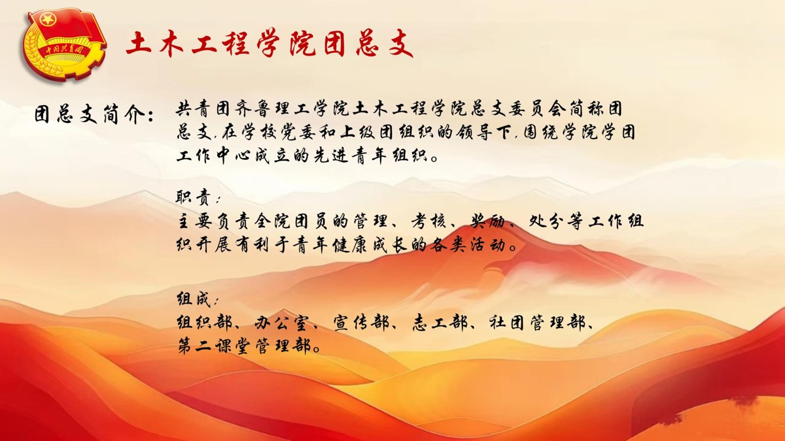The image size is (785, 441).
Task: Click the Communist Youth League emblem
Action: [x=64, y=45]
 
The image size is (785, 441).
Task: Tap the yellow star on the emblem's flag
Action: [x=48, y=19]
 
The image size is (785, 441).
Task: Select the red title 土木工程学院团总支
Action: [x=269, y=44]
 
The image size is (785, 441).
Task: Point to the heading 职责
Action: [x=194, y=197]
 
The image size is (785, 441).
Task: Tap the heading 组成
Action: [x=194, y=299]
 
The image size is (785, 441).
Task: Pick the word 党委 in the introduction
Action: [x=303, y=132]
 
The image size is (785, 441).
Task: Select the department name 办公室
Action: [x=281, y=323]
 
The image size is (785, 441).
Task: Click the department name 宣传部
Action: [x=360, y=323]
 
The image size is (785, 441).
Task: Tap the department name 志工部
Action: [x=440, y=323]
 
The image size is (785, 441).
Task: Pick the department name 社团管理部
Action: [x=537, y=323]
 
